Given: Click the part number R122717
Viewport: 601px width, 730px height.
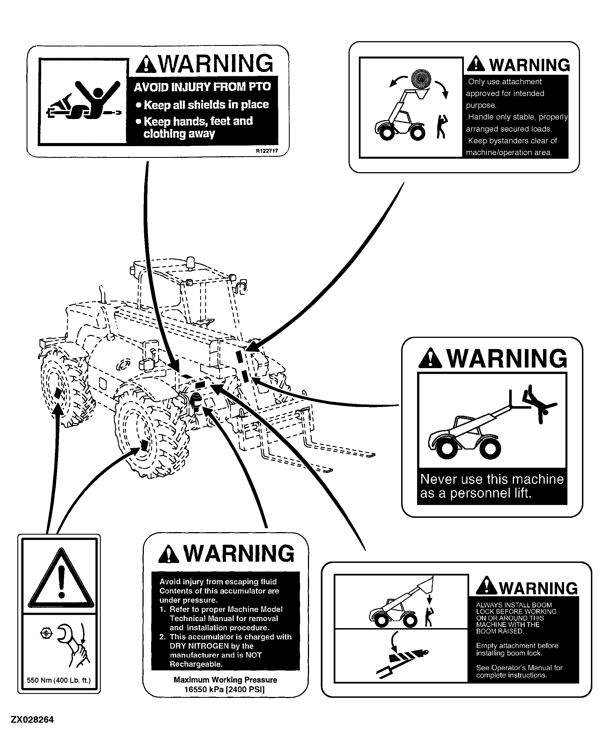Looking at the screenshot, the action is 267,151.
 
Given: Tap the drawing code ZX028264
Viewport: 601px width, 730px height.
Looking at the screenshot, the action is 32,720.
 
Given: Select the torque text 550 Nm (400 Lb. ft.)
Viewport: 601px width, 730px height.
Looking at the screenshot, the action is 59,680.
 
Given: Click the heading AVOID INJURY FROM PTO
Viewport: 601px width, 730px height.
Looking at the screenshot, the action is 202,86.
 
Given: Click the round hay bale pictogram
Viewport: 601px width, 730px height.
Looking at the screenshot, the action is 421,79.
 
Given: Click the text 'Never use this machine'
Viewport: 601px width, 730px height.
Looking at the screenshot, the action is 492,479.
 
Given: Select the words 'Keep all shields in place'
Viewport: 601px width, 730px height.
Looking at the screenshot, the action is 206,104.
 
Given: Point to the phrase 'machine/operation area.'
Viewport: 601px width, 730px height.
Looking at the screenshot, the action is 509,153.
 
